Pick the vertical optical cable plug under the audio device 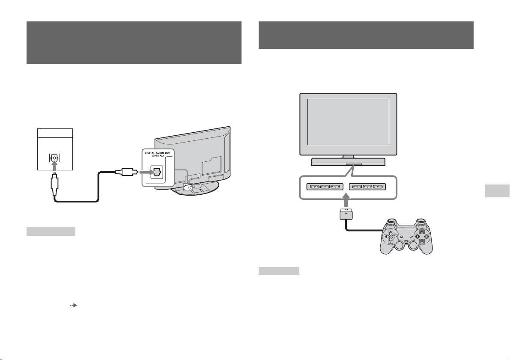(55, 185)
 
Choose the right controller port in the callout (368, 187)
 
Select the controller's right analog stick (413, 246)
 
